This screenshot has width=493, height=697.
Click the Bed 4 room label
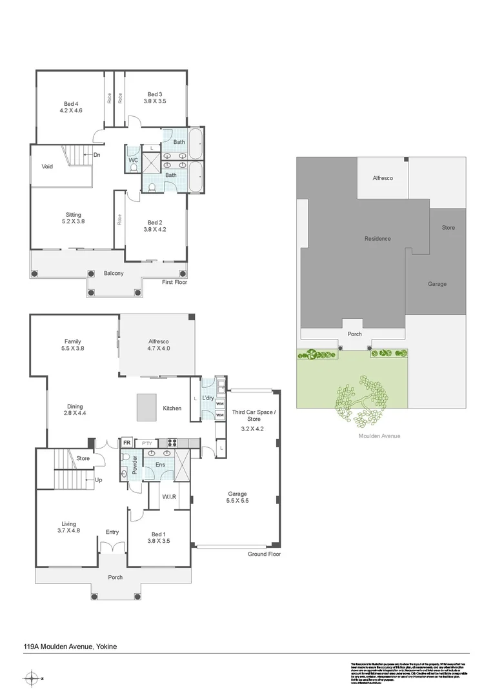[71, 103]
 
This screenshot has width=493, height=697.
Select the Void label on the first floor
[47, 166]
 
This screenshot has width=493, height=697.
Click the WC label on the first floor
[133, 159]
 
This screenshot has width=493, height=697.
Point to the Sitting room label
[73, 215]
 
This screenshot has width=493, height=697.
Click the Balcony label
[114, 274]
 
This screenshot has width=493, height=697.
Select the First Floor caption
[174, 282]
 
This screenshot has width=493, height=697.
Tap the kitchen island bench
[146, 408]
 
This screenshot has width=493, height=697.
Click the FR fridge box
[127, 443]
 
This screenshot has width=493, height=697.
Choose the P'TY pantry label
[149, 443]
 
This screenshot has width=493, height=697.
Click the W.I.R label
[170, 496]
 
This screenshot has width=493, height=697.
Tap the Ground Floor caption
[265, 554]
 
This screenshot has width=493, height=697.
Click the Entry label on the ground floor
[112, 532]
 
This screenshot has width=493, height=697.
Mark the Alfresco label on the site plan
[383, 178]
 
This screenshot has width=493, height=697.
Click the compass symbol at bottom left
[31, 678]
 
